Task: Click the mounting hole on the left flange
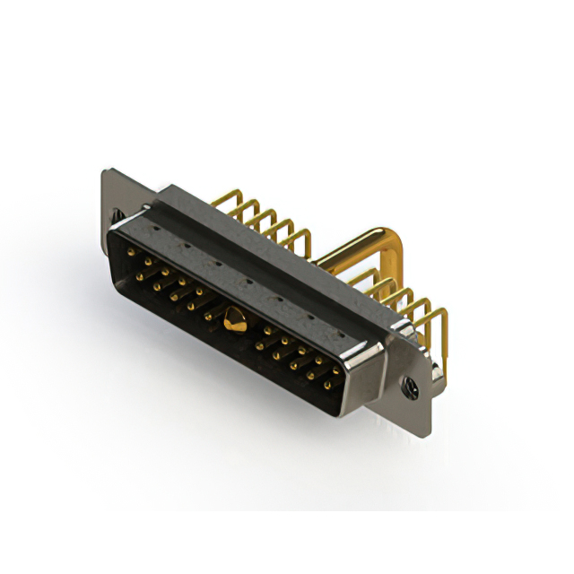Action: tap(117, 214)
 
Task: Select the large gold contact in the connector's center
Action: tap(235, 317)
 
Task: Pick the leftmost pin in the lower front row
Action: tap(140, 277)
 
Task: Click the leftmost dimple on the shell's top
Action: tap(157, 229)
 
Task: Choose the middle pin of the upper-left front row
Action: tap(180, 281)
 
